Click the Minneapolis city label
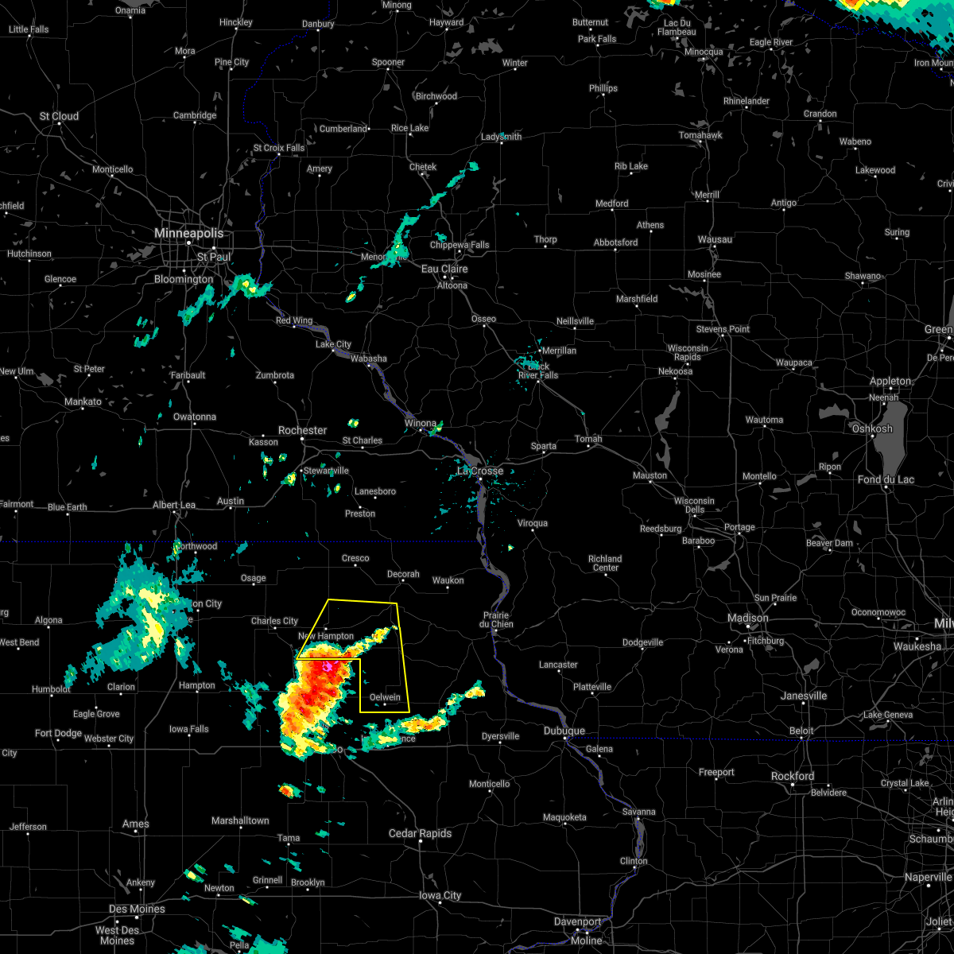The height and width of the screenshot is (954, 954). [x=188, y=234]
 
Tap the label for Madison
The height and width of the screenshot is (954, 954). [x=748, y=618]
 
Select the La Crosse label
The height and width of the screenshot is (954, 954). [x=480, y=471]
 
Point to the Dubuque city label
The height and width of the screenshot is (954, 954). [x=564, y=731]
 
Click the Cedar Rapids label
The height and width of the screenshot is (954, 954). [x=420, y=833]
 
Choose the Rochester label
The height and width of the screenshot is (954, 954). [x=302, y=430]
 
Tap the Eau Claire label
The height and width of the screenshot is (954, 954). [x=444, y=269]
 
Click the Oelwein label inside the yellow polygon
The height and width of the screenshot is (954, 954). [x=385, y=697]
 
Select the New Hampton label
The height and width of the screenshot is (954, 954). [x=325, y=636]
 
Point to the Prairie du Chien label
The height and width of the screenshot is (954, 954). [x=496, y=619]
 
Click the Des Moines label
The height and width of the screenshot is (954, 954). [x=137, y=909]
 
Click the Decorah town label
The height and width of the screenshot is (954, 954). [x=403, y=574]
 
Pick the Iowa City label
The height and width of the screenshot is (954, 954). [x=440, y=895]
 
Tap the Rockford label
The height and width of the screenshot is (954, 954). [x=793, y=776]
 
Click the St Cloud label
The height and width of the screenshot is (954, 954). [x=60, y=116]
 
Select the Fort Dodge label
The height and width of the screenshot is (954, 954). [x=58, y=733]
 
